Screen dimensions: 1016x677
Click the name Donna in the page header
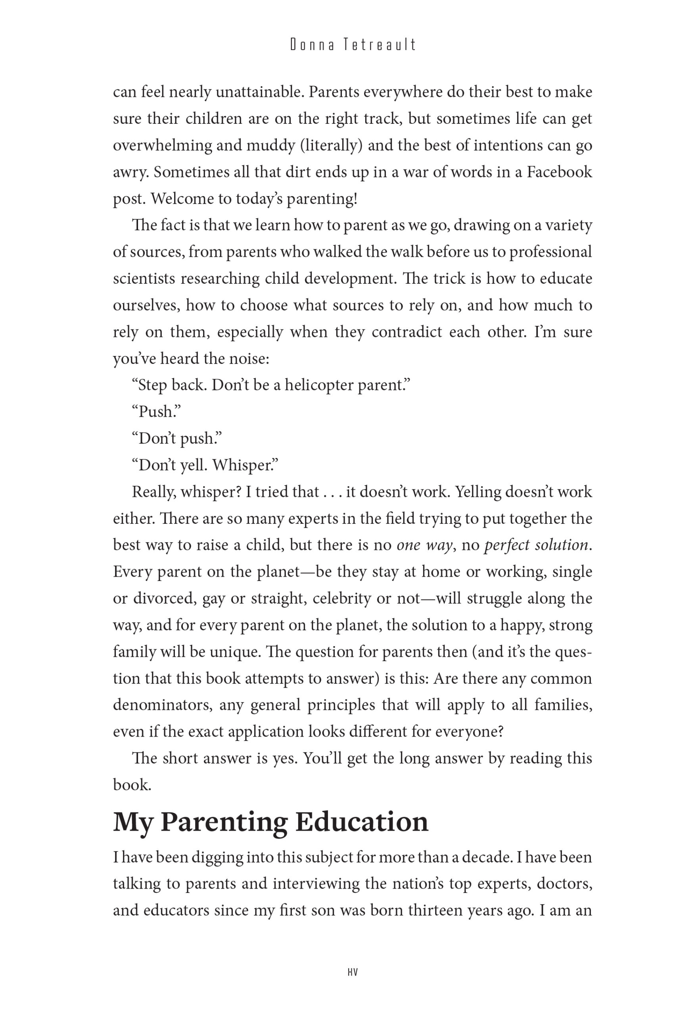312,45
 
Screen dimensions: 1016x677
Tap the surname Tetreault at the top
380,45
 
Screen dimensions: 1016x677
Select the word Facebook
559,172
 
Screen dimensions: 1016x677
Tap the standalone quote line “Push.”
156,412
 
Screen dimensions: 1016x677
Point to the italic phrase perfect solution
536,545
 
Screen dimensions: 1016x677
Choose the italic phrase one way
424,545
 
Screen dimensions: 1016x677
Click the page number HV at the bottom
352,972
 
